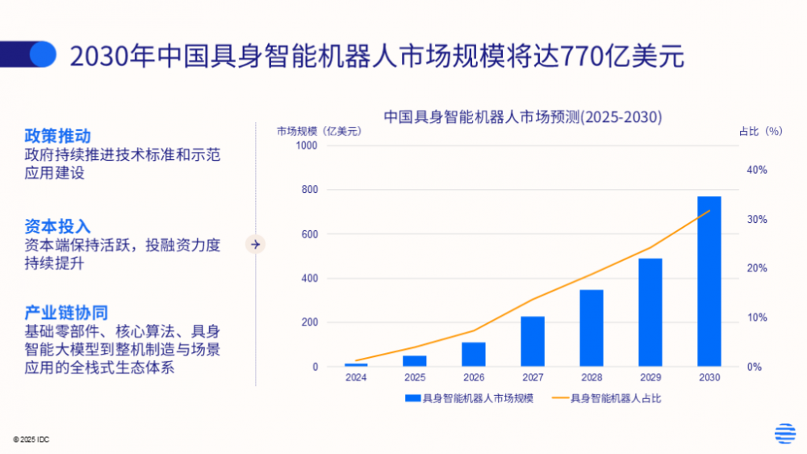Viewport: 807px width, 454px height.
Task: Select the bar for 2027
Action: coord(532,341)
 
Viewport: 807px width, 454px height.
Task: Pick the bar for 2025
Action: coord(415,360)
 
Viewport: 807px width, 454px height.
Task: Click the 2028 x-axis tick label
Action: coord(592,377)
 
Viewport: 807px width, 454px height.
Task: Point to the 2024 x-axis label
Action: coord(356,377)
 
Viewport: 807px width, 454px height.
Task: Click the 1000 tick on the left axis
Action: coord(307,145)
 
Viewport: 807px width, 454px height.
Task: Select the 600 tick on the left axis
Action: coord(310,234)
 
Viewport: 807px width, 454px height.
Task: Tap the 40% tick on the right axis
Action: coord(756,170)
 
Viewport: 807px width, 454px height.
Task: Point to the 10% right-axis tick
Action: coord(756,317)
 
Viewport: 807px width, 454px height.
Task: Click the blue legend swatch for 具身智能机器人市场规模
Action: coord(412,397)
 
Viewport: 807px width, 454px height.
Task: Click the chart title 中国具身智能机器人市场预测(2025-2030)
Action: coord(522,117)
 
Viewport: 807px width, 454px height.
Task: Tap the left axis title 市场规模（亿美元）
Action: coord(319,131)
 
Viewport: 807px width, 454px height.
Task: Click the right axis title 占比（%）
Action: coord(761,131)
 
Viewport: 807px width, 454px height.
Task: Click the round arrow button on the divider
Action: coord(256,243)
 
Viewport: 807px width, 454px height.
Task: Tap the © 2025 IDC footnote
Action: coord(31,439)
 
